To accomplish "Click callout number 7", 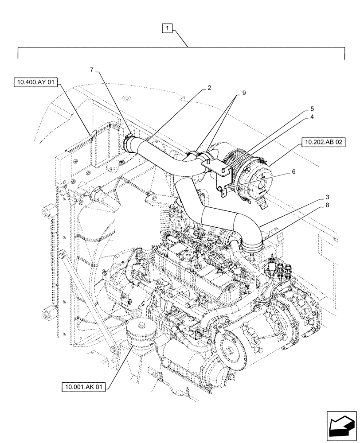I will (x=92, y=70).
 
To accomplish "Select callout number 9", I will (x=243, y=93).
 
